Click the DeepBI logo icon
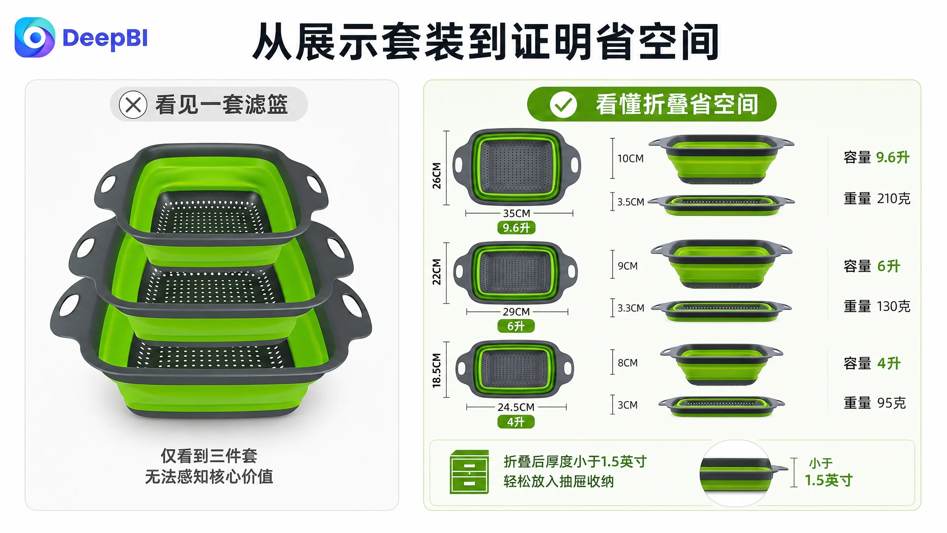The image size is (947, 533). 35,37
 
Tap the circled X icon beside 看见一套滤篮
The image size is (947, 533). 133,105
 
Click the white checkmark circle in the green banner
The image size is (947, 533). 563,105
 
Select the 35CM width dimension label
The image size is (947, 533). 517,213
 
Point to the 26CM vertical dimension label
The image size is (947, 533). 437,176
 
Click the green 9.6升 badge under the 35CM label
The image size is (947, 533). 516,228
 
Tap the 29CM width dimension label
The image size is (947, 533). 516,312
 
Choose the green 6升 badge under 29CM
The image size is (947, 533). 516,326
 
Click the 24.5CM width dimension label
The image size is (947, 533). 516,407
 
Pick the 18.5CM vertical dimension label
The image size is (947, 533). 437,370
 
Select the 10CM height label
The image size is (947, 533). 630,158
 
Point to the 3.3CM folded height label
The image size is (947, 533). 631,308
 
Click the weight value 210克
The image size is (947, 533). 893,198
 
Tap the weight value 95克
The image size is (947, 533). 891,403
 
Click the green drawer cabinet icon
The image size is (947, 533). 469,472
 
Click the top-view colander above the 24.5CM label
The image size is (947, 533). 515,369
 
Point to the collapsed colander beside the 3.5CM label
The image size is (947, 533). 721,205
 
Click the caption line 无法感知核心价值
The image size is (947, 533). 209,477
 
